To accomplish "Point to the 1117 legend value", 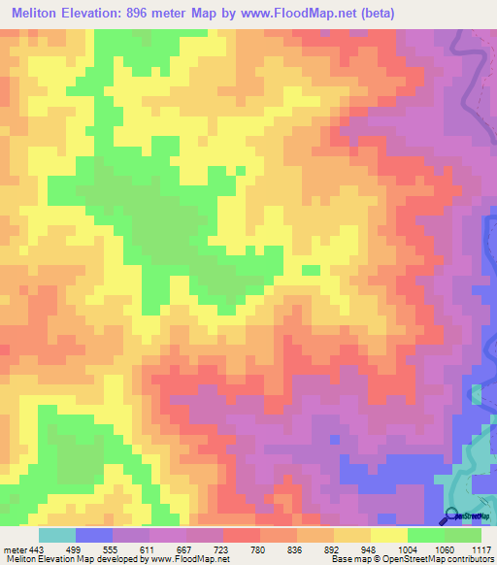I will click(x=482, y=548).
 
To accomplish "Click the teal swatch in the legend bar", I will click(x=57, y=535).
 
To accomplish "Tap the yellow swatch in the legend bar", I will click(x=389, y=535).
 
